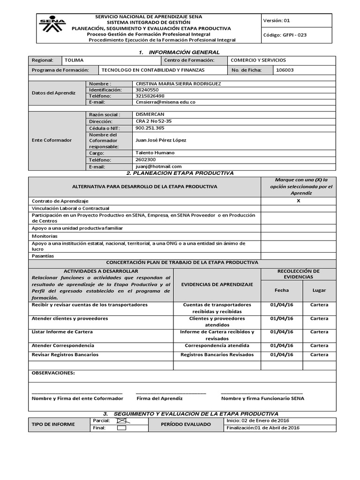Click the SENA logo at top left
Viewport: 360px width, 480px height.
point(52,26)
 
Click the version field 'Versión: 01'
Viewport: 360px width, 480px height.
point(277,21)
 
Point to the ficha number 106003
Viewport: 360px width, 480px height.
point(285,70)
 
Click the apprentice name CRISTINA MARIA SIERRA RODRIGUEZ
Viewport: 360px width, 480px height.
point(178,83)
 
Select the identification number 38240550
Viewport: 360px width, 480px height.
point(147,90)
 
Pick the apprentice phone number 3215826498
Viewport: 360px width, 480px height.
point(150,96)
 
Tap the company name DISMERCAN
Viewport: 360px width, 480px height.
point(150,114)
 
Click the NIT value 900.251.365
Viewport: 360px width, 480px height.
point(150,128)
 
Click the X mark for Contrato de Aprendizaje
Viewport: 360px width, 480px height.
point(298,201)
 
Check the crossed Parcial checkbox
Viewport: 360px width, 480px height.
point(121,421)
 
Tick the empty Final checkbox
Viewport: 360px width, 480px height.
point(121,427)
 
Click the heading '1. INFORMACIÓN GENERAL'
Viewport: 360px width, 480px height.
point(179,52)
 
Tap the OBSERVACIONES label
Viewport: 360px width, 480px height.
point(52,373)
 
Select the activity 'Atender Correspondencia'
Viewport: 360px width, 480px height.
point(63,345)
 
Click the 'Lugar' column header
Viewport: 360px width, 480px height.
point(319,290)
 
